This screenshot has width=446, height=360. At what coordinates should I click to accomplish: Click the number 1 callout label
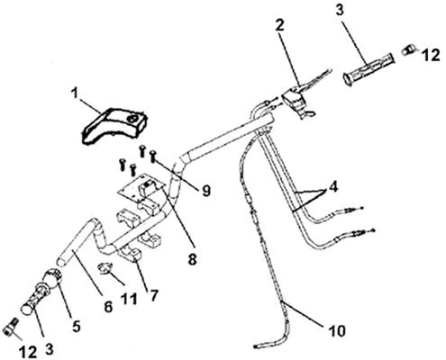[x=74, y=94]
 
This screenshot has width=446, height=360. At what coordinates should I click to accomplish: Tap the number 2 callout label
[x=279, y=26]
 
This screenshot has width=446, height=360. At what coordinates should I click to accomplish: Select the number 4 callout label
[x=333, y=186]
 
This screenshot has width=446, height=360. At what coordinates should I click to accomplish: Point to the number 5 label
[x=77, y=326]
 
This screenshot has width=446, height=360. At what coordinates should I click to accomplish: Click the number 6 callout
[x=108, y=307]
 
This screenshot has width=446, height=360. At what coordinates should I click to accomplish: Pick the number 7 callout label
[x=153, y=295]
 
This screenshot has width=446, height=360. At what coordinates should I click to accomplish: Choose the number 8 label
[x=192, y=258]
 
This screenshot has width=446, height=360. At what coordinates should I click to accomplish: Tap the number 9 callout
[x=206, y=190]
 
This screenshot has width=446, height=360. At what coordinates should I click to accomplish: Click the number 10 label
[x=337, y=331]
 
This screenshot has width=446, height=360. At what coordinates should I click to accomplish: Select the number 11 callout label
[x=129, y=299]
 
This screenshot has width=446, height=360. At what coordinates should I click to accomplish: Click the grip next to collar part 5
[x=33, y=301]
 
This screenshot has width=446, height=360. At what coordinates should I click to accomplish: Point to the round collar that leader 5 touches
[x=52, y=278]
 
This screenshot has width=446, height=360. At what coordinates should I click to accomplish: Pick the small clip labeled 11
[x=105, y=268]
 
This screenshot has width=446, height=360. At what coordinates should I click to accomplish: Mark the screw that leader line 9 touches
[x=153, y=157]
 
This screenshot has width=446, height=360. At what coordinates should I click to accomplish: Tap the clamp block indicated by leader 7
[x=130, y=255]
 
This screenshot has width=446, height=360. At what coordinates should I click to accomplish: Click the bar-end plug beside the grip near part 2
[x=408, y=49]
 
